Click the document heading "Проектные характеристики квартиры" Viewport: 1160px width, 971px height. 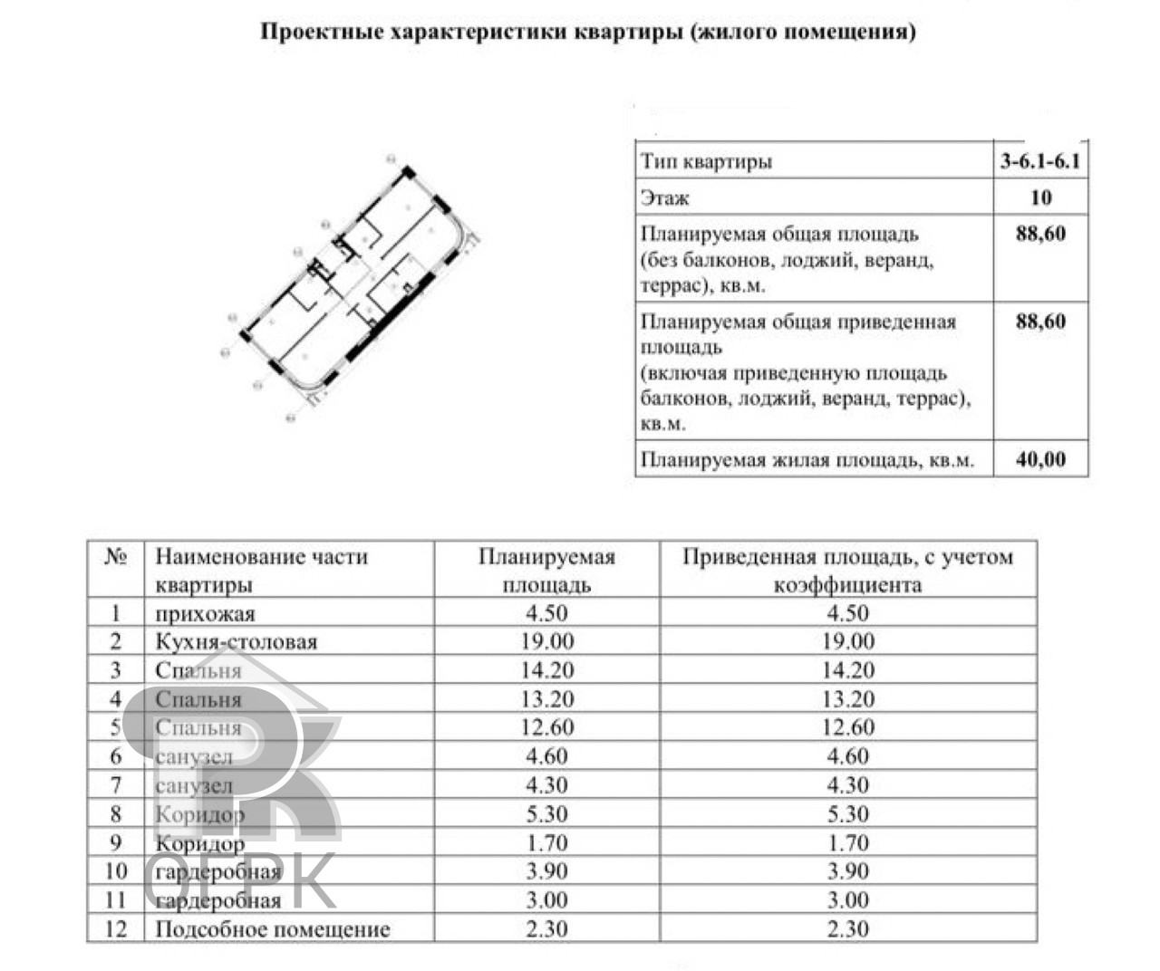pyautogui.click(x=588, y=34)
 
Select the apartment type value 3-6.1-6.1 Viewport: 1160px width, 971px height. pyautogui.click(x=1040, y=162)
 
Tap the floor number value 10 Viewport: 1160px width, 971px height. pyautogui.click(x=1040, y=197)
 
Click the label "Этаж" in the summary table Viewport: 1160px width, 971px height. pyautogui.click(x=665, y=197)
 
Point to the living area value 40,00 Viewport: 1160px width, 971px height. pyautogui.click(x=1040, y=459)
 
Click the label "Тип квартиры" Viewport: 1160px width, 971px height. pyautogui.click(x=707, y=162)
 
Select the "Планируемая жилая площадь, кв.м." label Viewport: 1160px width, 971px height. pyautogui.click(x=807, y=460)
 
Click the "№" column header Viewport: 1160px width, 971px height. pyautogui.click(x=115, y=557)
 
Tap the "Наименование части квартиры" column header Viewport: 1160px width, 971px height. pyautogui.click(x=261, y=570)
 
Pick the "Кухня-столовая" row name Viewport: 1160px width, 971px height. pyautogui.click(x=237, y=642)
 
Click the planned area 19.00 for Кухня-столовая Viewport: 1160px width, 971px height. pyautogui.click(x=547, y=642)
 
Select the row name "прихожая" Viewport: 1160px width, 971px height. pyautogui.click(x=205, y=614)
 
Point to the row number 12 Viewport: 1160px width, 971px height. pyautogui.click(x=116, y=929)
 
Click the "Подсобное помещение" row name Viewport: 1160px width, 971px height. pyautogui.click(x=273, y=929)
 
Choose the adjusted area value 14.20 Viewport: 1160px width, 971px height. pyautogui.click(x=847, y=671)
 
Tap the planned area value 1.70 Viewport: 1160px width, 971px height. pyautogui.click(x=547, y=843)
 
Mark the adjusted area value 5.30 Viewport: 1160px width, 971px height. pyautogui.click(x=847, y=814)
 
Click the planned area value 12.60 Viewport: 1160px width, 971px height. pyautogui.click(x=547, y=728)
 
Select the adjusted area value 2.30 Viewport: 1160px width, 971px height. pyautogui.click(x=847, y=929)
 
